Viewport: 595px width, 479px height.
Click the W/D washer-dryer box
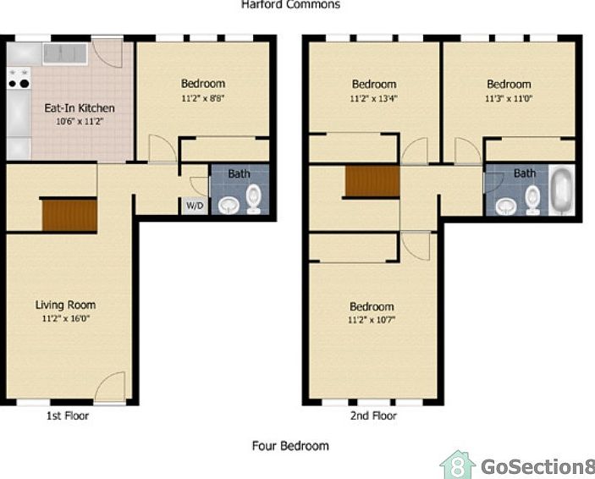194,206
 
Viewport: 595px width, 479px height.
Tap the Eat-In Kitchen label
80,108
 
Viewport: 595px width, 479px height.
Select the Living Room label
65,305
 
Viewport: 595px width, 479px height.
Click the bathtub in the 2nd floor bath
561,192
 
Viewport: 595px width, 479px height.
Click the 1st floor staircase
69,214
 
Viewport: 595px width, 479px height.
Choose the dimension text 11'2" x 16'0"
65,319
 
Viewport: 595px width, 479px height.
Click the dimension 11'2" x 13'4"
373,98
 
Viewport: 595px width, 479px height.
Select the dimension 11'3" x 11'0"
508,98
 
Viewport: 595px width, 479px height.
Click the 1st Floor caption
67,416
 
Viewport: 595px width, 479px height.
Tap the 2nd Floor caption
373,416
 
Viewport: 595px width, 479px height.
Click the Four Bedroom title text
290,445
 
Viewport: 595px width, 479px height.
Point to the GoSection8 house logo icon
457,465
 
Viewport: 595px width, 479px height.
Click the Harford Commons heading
290,5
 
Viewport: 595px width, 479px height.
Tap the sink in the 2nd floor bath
506,206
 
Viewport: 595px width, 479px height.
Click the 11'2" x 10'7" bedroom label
372,306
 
